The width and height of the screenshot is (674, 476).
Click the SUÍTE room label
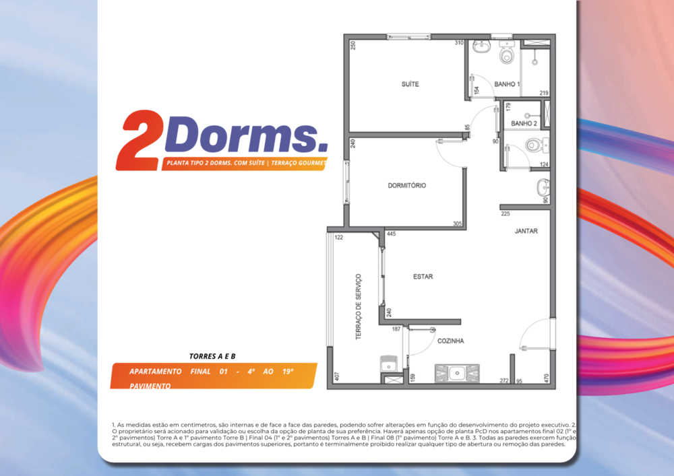click(x=410, y=84)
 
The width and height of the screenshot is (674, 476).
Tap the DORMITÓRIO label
click(x=406, y=185)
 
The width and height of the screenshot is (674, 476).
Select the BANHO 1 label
click(x=507, y=84)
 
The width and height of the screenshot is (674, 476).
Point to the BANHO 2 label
click(x=524, y=123)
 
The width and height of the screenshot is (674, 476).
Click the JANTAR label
click(x=526, y=230)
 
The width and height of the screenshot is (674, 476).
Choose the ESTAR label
click(x=423, y=277)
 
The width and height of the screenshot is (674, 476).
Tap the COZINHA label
click(x=450, y=341)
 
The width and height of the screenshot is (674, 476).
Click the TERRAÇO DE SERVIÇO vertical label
click(x=359, y=306)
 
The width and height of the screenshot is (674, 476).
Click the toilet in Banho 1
click(x=507, y=54)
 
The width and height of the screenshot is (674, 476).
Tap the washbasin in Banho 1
click(x=481, y=47)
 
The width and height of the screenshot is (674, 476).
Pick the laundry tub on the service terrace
click(x=390, y=364)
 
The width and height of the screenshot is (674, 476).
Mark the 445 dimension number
click(x=391, y=234)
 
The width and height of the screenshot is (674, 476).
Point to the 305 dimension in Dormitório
click(x=457, y=224)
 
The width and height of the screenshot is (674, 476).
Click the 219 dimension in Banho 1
click(x=543, y=93)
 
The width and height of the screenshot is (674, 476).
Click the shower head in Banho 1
click(x=534, y=61)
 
